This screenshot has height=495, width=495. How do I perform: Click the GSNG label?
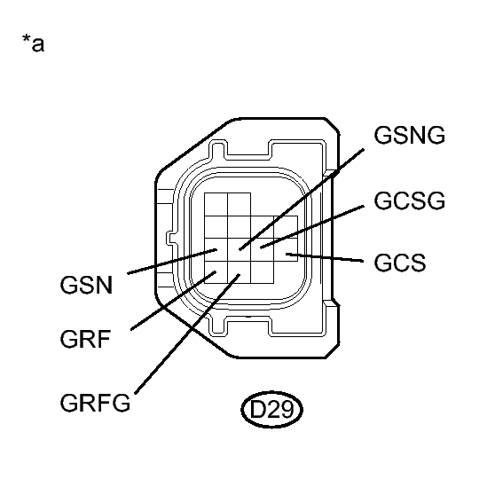pos(410,136)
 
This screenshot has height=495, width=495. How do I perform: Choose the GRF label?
pos(87,341)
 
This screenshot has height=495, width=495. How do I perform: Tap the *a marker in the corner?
pos(32,43)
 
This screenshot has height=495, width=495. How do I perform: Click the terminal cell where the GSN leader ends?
pos(215,248)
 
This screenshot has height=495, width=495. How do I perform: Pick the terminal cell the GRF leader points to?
pos(215,273)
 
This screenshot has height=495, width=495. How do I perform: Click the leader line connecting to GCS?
pos(328,259)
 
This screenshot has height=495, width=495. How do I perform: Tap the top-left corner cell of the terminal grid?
pos(215,203)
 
